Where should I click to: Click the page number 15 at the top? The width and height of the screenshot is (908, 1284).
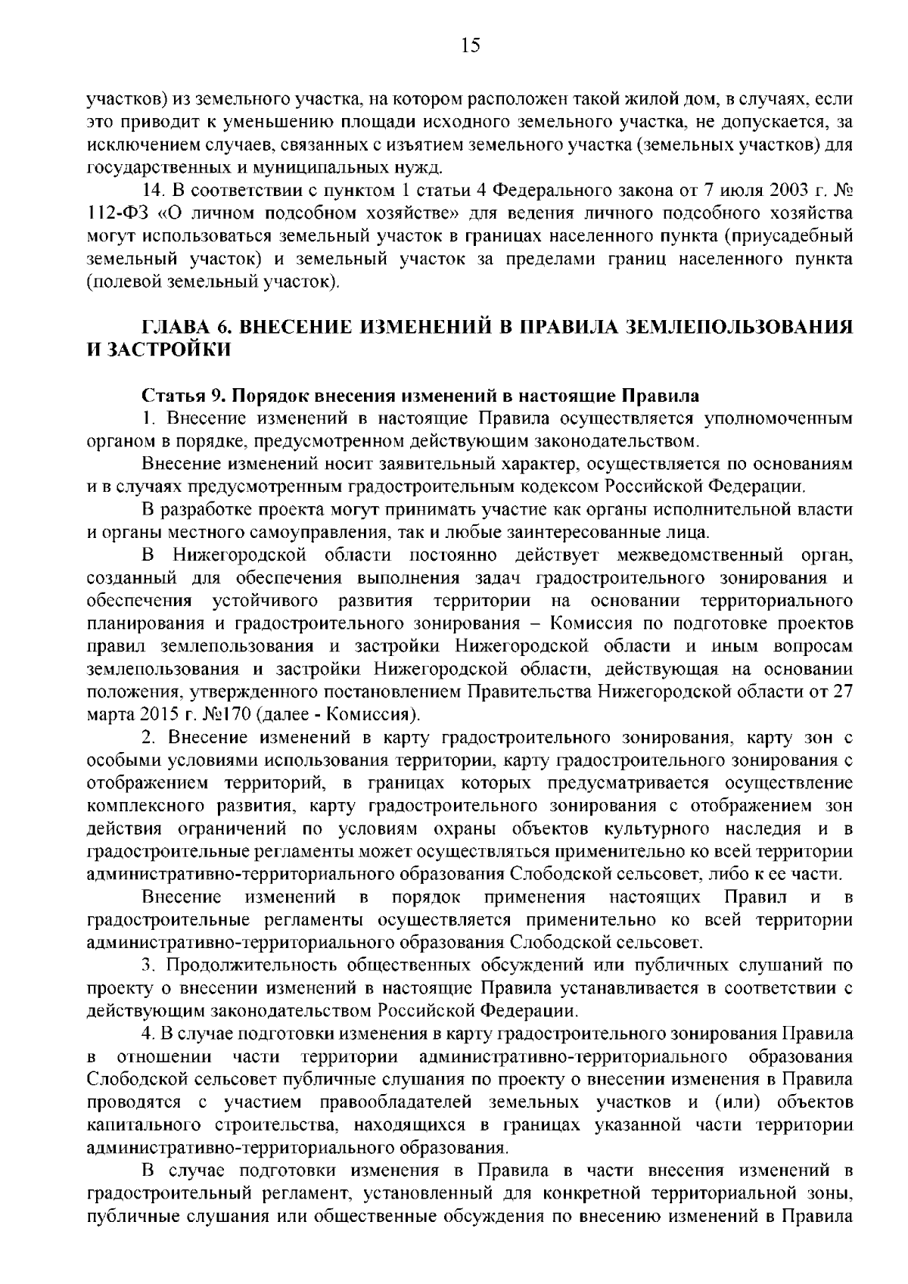point(469,46)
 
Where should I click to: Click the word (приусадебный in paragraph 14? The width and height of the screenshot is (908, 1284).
point(786,236)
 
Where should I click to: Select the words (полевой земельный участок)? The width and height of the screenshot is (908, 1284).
point(214,283)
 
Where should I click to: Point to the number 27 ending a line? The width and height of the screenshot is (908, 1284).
point(843,692)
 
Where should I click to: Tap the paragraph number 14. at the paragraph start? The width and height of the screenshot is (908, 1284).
point(153,189)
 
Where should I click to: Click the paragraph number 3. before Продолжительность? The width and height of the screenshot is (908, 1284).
point(148,965)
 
